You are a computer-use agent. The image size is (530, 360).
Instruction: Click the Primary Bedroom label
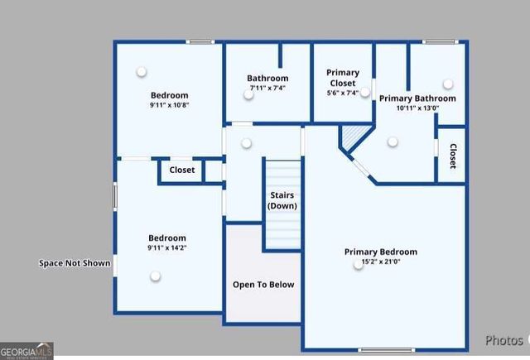click(x=380, y=252)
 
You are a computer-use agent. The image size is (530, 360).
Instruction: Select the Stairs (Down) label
click(x=283, y=200)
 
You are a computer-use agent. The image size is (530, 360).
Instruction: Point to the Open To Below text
click(x=263, y=285)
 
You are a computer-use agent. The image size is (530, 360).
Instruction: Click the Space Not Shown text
click(x=75, y=264)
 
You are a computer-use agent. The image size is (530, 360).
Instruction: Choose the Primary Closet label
click(x=342, y=78)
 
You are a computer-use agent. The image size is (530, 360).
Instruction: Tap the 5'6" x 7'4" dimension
click(x=342, y=94)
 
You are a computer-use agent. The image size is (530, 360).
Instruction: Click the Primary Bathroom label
click(x=417, y=98)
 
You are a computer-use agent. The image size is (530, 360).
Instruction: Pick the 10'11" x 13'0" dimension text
click(x=417, y=108)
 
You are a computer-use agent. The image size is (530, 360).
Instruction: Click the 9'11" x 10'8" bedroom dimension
click(x=169, y=105)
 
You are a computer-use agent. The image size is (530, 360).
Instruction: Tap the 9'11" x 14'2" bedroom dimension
click(x=166, y=247)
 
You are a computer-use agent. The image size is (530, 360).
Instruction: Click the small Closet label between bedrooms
click(x=182, y=170)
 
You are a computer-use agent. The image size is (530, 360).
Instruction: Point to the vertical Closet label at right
click(x=453, y=156)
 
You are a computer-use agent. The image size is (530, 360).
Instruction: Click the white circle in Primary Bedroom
click(x=359, y=264)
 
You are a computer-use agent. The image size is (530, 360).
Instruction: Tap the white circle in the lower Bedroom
click(x=154, y=276)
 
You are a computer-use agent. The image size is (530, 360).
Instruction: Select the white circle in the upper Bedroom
click(x=142, y=71)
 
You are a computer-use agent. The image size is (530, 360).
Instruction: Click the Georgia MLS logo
click(x=26, y=351)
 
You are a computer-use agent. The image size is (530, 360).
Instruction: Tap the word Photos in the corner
click(x=503, y=340)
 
